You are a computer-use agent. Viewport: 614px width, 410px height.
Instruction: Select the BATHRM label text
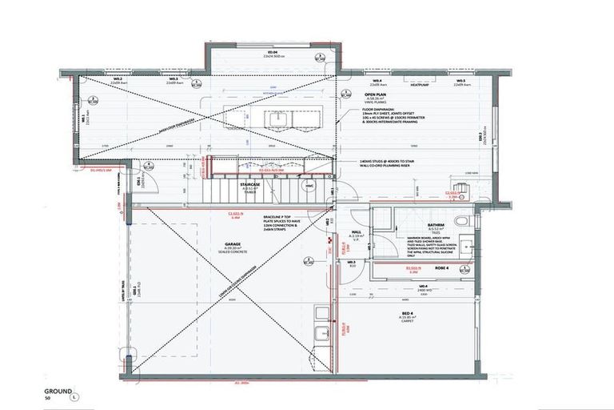pos(435,225)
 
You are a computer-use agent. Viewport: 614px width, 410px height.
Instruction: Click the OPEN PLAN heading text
pos(375,94)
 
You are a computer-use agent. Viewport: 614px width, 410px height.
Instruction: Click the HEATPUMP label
pos(421,81)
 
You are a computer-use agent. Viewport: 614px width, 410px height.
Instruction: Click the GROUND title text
pos(58,391)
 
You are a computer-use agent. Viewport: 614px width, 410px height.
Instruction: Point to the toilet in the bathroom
pos(461,221)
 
